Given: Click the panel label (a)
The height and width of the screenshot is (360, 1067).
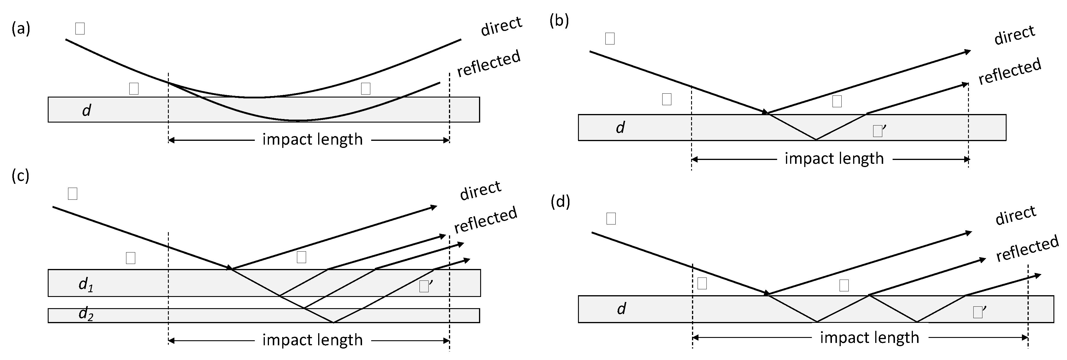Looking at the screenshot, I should (x=21, y=29).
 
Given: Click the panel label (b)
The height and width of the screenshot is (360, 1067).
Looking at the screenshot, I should (x=559, y=20).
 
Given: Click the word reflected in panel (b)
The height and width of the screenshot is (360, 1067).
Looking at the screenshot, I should (x=1010, y=72).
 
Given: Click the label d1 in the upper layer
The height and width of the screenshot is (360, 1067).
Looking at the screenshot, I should (x=86, y=285).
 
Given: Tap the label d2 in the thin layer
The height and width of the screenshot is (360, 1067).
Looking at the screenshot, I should (x=86, y=315).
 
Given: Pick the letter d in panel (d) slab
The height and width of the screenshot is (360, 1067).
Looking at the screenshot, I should (x=621, y=309).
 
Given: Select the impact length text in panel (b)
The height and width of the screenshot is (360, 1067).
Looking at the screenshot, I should (x=834, y=159).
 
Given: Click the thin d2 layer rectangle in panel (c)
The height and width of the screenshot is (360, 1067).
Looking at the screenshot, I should (x=207, y=315).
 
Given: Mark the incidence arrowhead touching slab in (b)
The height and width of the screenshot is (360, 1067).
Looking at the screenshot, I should (x=765, y=112).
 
